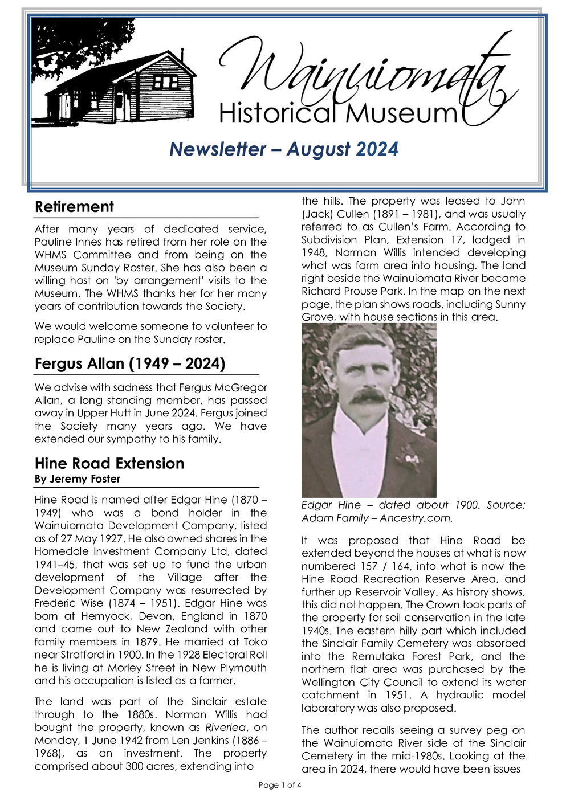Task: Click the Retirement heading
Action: [x=74, y=206]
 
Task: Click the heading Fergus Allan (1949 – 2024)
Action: [x=130, y=363]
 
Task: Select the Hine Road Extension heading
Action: [x=109, y=463]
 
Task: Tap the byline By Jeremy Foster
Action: [x=78, y=479]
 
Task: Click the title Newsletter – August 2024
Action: [x=283, y=149]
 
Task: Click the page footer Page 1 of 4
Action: [x=280, y=785]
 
